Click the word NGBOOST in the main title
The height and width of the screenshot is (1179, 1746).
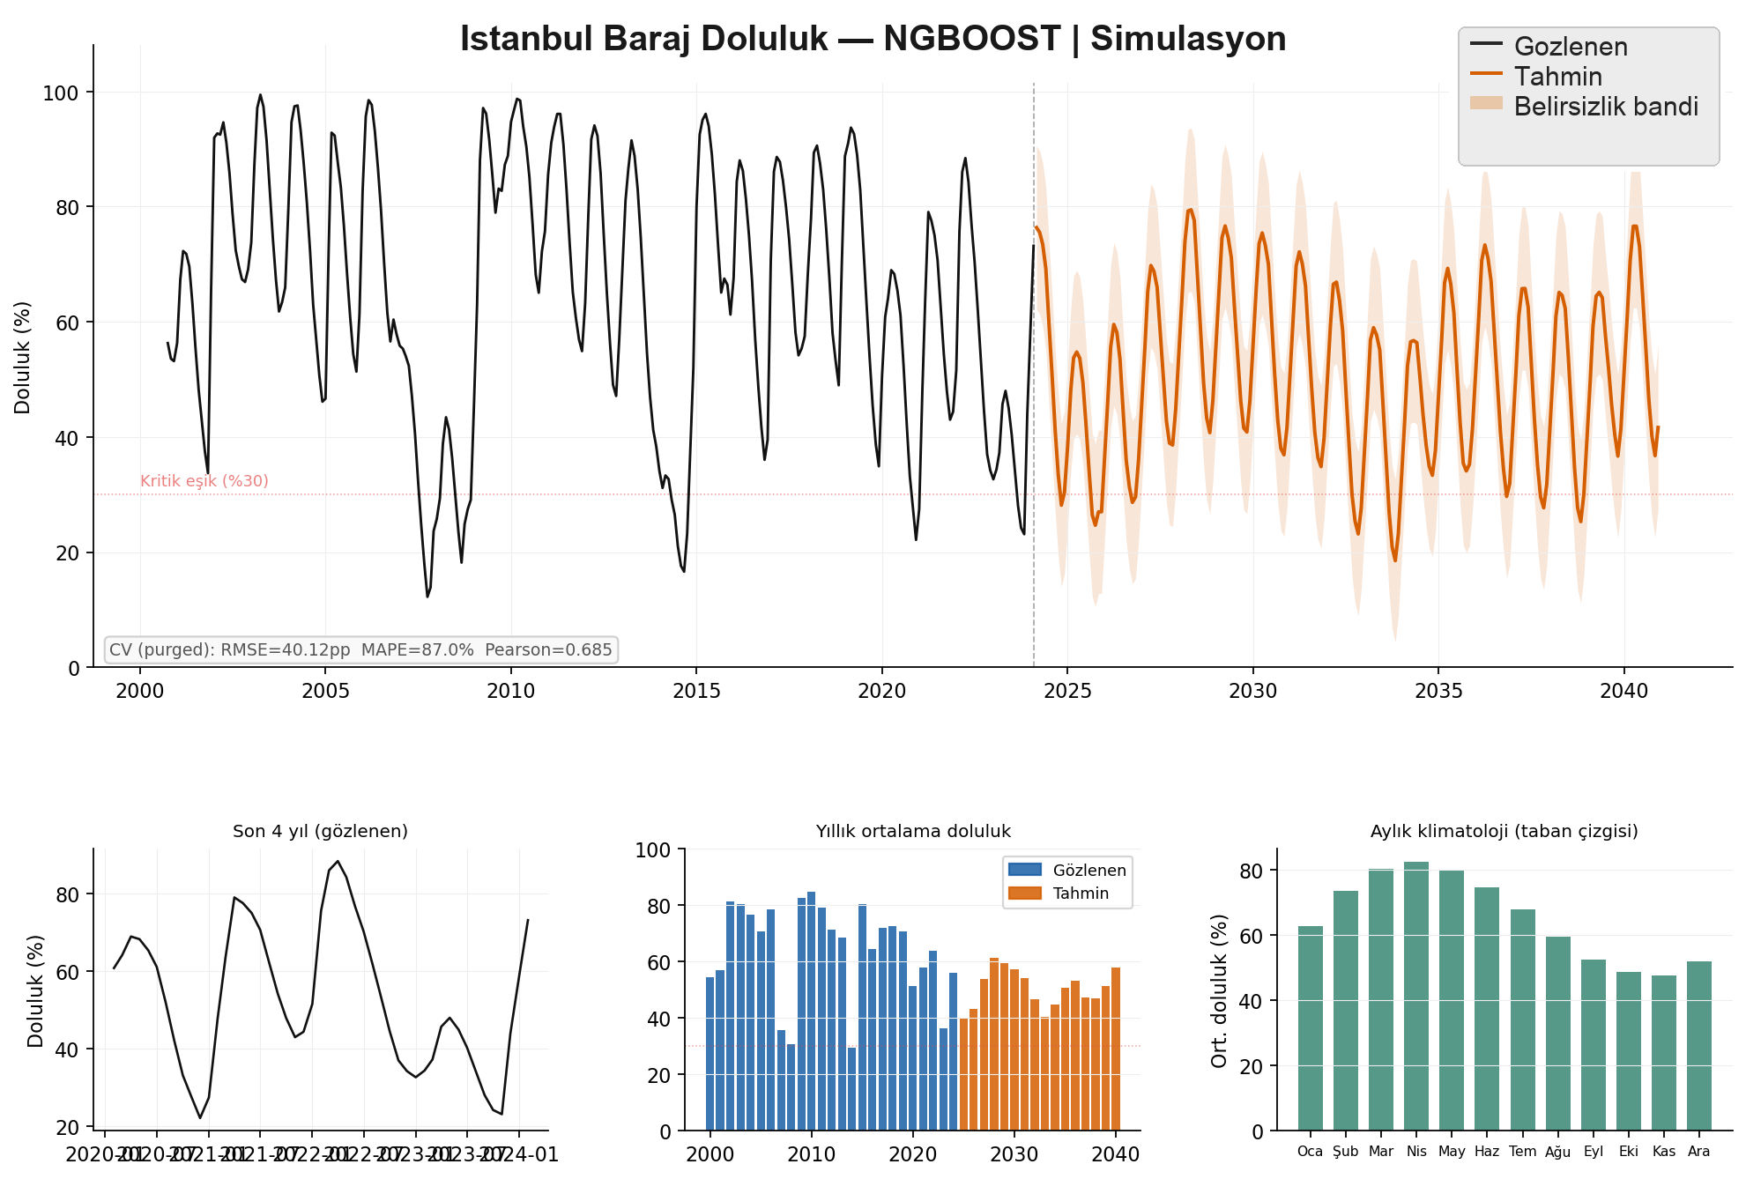(x=972, y=39)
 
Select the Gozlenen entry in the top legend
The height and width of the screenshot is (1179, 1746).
(x=1570, y=47)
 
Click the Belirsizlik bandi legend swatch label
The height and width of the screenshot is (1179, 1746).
(x=1605, y=107)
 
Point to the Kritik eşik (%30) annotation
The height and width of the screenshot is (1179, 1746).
(x=204, y=481)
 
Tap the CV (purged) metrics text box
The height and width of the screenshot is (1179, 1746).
(x=360, y=650)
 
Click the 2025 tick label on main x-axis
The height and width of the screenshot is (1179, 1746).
(x=1067, y=692)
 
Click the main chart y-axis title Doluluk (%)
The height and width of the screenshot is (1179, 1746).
(x=23, y=358)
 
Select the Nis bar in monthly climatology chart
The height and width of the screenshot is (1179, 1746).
(x=1416, y=996)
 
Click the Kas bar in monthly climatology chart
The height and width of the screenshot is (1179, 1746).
(x=1664, y=1053)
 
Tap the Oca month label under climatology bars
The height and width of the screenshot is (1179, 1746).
(x=1310, y=1152)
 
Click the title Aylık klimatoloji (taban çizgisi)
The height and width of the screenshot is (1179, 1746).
(x=1504, y=831)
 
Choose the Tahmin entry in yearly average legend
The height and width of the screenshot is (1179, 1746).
(x=1081, y=894)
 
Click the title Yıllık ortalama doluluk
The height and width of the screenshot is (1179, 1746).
(x=913, y=831)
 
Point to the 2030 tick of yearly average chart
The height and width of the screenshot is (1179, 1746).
(x=1014, y=1154)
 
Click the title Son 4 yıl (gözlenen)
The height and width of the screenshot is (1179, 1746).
(x=320, y=831)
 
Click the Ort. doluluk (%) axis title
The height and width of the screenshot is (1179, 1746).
(x=1220, y=990)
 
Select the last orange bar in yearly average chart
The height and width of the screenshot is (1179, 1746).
(x=1116, y=1049)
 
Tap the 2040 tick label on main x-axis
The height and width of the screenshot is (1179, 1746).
(x=1623, y=692)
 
